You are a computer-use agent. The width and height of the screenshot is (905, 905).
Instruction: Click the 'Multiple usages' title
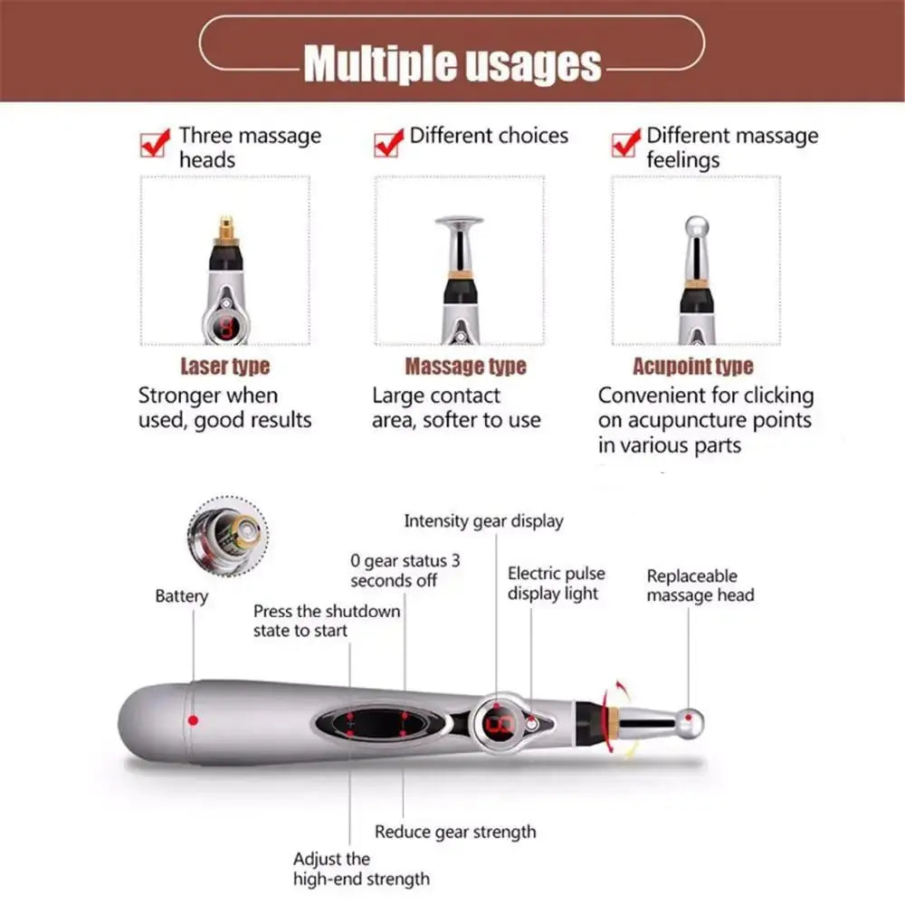452,64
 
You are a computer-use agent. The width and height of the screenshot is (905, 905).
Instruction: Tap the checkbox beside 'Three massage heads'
153,143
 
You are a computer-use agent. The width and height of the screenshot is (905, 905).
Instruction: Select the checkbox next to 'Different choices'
387,143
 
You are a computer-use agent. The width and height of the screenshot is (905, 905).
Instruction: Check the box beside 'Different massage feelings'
624,143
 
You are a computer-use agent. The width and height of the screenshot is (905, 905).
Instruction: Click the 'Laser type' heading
224,367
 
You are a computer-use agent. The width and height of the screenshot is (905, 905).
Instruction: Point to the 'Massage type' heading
465,367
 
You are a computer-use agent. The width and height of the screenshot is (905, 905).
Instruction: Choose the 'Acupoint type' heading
692,367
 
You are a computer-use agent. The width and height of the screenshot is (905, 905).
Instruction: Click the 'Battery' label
181,596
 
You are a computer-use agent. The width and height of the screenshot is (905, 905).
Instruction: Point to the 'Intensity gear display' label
483,521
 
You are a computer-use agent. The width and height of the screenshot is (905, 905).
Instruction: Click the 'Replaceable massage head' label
700,586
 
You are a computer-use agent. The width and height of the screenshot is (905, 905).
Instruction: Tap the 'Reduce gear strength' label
455,832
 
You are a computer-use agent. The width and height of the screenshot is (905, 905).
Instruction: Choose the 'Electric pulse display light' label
556,584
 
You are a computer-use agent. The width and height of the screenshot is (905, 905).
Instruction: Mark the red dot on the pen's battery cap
193,720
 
